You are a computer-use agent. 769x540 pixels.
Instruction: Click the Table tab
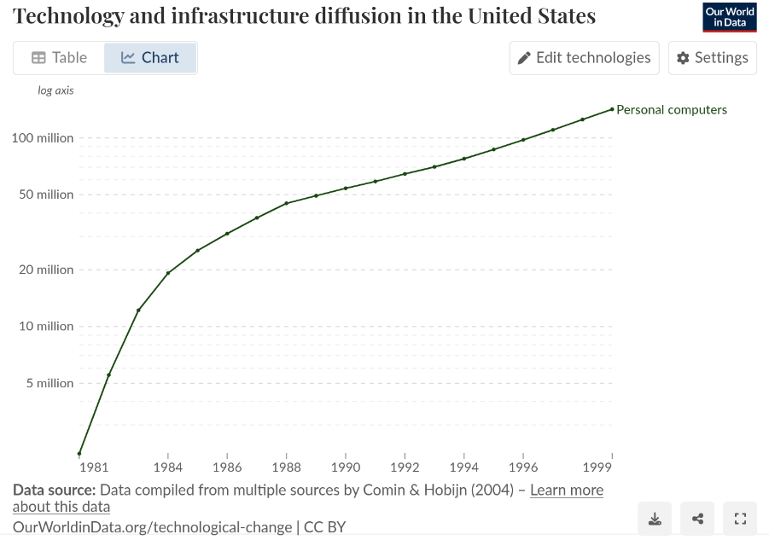pyautogui.click(x=60, y=58)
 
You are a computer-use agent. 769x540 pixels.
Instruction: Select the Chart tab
pyautogui.click(x=150, y=58)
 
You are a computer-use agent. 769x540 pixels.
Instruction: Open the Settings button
pyautogui.click(x=712, y=58)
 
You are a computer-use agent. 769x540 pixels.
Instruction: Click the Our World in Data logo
pyautogui.click(x=730, y=18)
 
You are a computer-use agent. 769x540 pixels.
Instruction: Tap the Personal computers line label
pyautogui.click(x=672, y=109)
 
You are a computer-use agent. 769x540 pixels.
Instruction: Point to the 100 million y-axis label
pyautogui.click(x=43, y=138)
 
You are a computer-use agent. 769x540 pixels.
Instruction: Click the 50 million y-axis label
pyautogui.click(x=45, y=195)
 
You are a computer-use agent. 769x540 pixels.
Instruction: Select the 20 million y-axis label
pyautogui.click(x=45, y=270)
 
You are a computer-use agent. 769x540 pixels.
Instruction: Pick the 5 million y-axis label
pyautogui.click(x=49, y=383)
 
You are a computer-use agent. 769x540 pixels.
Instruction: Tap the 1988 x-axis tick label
pyautogui.click(x=286, y=467)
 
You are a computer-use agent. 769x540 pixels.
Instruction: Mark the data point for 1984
pyautogui.click(x=168, y=273)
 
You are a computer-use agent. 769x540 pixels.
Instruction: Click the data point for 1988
pyautogui.click(x=286, y=203)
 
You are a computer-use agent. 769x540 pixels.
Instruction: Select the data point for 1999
pyautogui.click(x=612, y=109)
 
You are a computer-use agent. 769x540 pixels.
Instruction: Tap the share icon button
pyautogui.click(x=697, y=519)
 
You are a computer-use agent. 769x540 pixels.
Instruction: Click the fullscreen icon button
pyautogui.click(x=740, y=519)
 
